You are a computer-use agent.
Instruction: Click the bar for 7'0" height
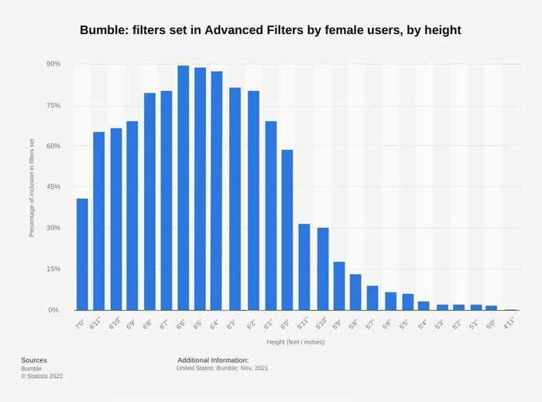click(82, 254)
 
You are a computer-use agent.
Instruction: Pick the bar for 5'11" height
click(304, 267)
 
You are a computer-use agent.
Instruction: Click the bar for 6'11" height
click(99, 221)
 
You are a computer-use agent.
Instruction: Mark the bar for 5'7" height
click(372, 298)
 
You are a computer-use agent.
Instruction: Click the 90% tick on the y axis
click(53, 64)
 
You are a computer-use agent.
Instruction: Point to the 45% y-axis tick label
click(53, 187)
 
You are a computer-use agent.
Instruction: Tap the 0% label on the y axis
click(53, 310)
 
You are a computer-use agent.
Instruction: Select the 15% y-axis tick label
click(53, 269)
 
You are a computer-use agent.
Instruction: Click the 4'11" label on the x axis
click(509, 325)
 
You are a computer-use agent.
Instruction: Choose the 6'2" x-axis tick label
click(252, 325)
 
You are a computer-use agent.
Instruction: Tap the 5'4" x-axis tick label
click(423, 325)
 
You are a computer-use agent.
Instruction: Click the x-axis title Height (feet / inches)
click(296, 342)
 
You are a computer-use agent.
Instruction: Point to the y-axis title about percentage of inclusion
click(32, 187)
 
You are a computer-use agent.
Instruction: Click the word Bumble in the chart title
click(105, 31)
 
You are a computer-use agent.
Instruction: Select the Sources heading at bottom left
click(34, 360)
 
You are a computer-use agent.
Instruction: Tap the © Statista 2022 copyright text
click(42, 376)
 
